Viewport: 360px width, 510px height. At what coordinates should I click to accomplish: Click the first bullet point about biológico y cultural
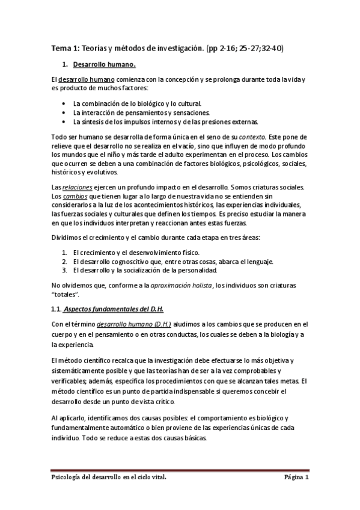pyautogui.click(x=137, y=103)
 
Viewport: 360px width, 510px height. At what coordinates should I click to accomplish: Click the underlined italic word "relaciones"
pyautogui.click(x=78, y=188)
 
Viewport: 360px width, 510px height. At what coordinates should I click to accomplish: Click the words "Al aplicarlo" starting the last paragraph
pyautogui.click(x=68, y=418)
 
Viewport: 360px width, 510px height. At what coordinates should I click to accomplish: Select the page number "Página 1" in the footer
pyautogui.click(x=296, y=478)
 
